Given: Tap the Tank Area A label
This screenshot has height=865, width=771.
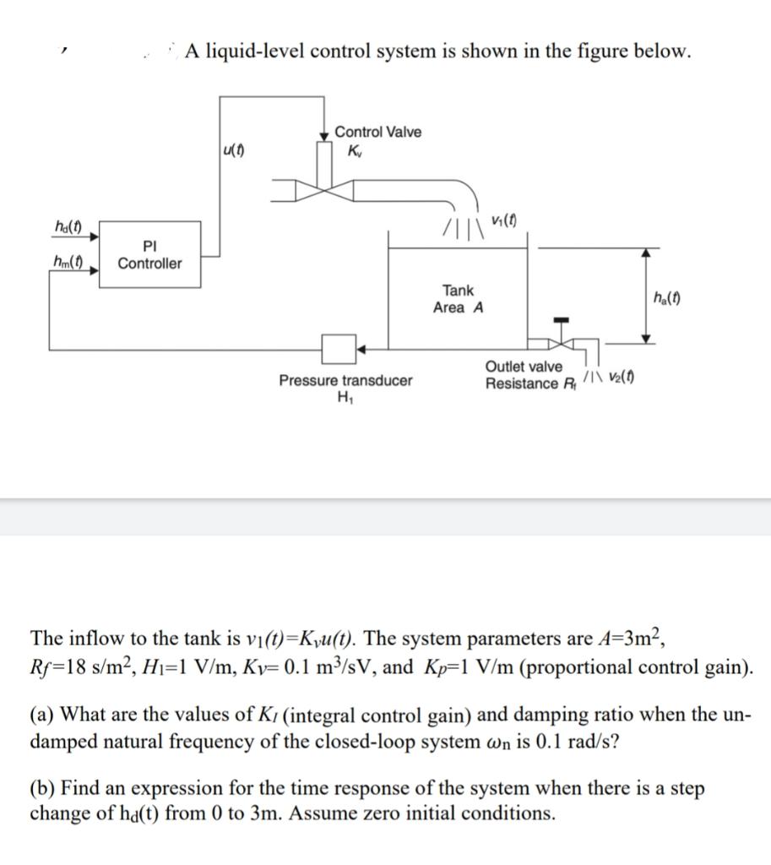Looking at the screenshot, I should pos(458,299).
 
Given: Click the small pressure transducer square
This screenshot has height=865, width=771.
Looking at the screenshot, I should pos(339,346).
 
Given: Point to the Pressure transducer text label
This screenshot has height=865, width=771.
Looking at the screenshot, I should pos(346,381).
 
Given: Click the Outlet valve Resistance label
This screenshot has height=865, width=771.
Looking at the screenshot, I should pos(524,375).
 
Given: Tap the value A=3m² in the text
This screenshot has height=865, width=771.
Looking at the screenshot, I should pos(627,637).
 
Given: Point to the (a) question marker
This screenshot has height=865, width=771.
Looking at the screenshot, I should pos(42,715).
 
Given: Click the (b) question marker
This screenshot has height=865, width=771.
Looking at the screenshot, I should pos(42,789).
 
